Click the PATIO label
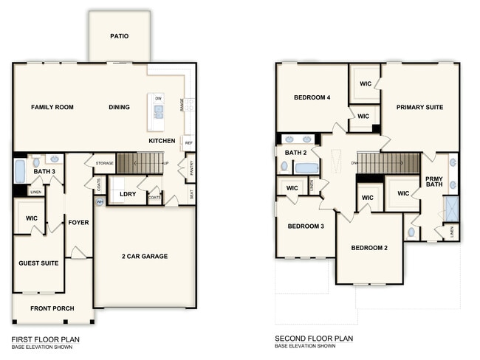coord(120,35)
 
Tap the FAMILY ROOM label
coord(52,108)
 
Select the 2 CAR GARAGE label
coord(145,257)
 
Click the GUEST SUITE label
coord(38,263)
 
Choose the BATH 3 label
coord(44,171)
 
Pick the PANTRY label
coord(191,170)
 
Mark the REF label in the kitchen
coord(189,143)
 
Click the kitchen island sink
coord(158,112)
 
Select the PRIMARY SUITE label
coord(419,108)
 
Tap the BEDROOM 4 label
coord(312,98)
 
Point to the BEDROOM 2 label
coord(369,248)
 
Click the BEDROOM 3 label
coord(306,226)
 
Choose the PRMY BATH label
coord(434,182)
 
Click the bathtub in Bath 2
coord(306,168)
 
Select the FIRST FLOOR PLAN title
coord(45,339)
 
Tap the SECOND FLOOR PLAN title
coord(314,339)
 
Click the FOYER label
coord(78,222)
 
